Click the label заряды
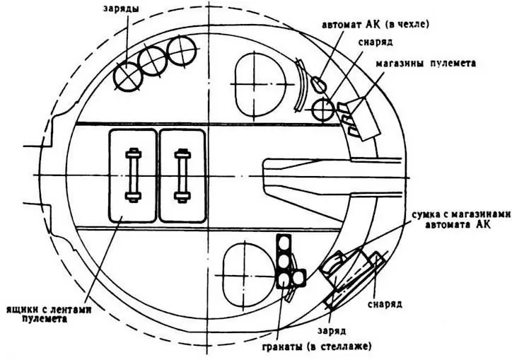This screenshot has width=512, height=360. click(x=121, y=8)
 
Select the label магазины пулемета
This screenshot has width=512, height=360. click(x=426, y=63)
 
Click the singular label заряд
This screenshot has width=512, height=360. click(x=332, y=330)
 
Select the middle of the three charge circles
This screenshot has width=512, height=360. click(x=152, y=62)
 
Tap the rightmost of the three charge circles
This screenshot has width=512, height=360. click(x=182, y=52)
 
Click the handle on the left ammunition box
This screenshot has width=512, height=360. click(x=132, y=175)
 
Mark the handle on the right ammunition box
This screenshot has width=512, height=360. click(x=182, y=175)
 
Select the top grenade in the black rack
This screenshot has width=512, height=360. click(x=284, y=243)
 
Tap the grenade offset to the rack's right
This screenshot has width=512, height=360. click(x=298, y=277)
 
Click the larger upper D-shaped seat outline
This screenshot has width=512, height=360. click(x=260, y=85)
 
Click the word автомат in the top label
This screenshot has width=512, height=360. click(x=342, y=25)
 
